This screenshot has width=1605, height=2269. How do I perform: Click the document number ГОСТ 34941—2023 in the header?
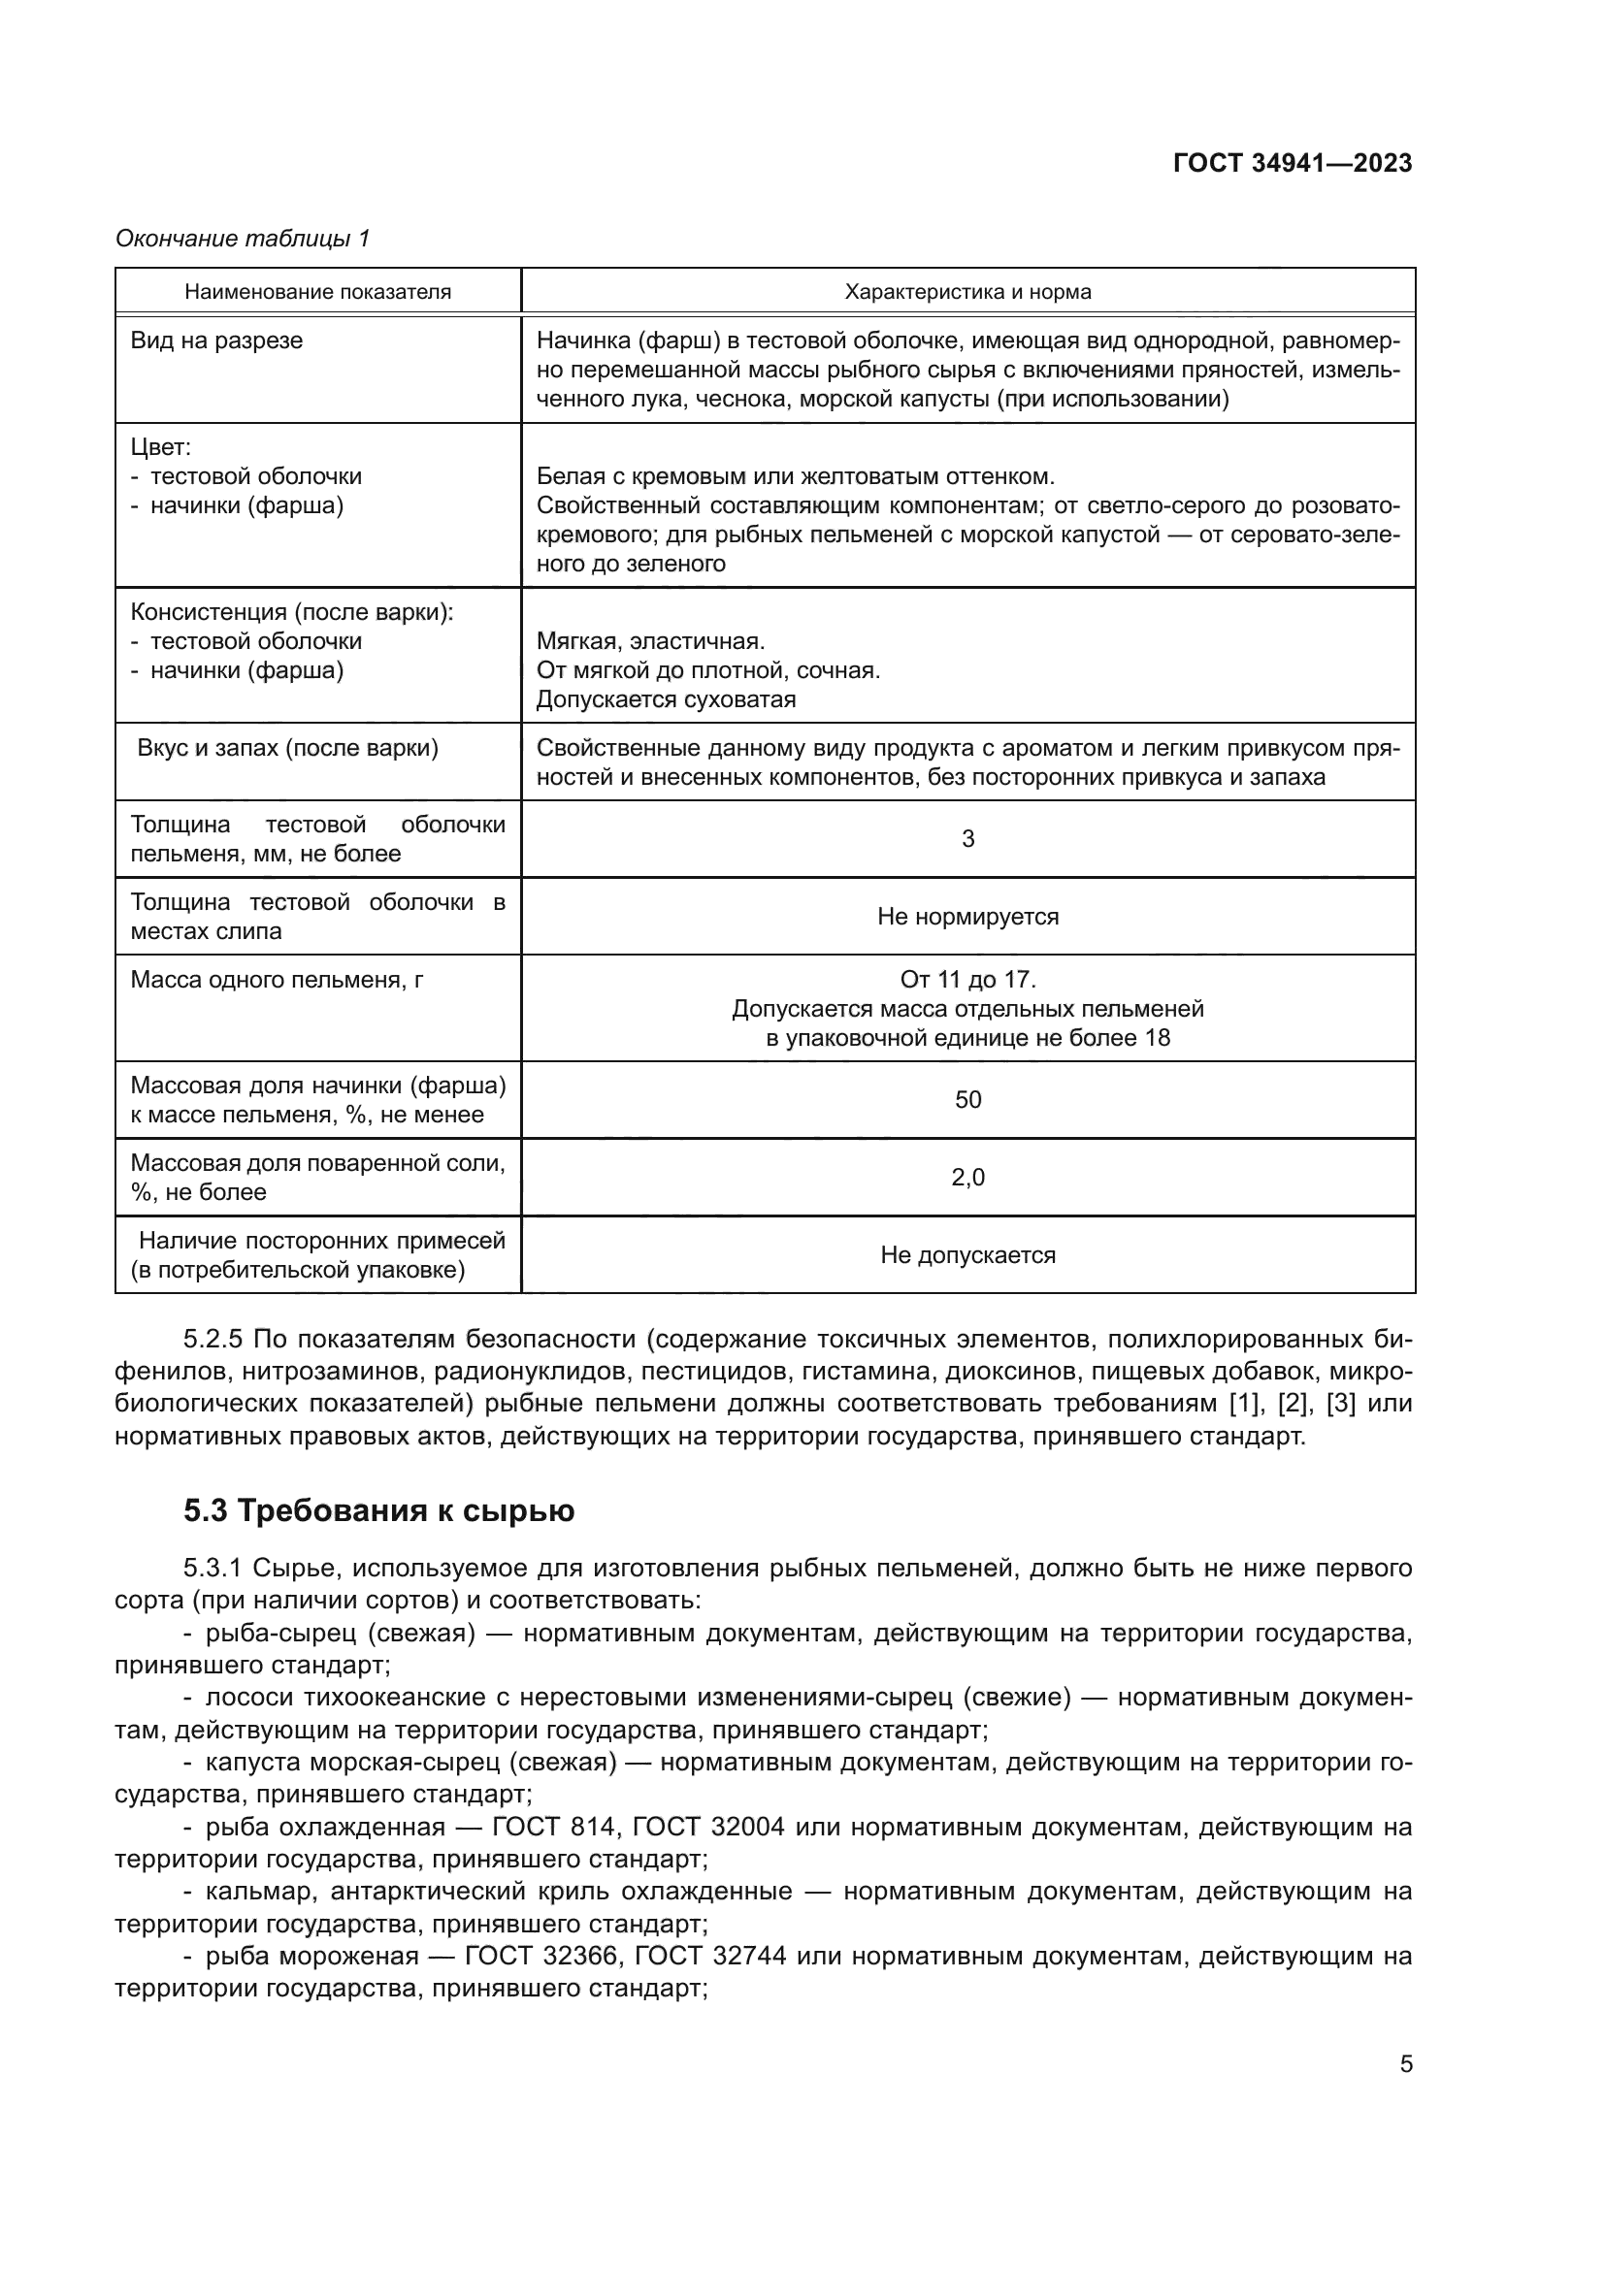coord(1292,164)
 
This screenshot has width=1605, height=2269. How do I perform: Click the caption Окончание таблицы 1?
coord(243,239)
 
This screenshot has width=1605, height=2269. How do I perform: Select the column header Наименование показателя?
coord(317,292)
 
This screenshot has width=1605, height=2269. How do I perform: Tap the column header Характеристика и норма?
coord(967,292)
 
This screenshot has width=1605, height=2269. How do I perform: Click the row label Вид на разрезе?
coord(216,340)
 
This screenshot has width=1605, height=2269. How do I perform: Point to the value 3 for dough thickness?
coord(967,839)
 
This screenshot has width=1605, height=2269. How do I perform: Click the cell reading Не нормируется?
coord(967,916)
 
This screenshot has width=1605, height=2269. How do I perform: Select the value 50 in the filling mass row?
coord(967,1100)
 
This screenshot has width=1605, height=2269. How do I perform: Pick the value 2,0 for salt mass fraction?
coord(967,1177)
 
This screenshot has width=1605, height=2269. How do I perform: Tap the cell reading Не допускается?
coord(967,1255)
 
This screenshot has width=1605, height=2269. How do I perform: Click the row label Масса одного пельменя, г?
coord(277,980)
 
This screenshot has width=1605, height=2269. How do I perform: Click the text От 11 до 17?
coord(967,980)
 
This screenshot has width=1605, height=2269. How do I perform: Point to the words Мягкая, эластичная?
coord(650,641)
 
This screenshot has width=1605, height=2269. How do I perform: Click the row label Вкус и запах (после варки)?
coord(287,748)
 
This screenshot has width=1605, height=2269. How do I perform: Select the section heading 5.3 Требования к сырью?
coord(378,1511)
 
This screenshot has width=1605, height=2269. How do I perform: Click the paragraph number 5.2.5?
coord(212,1339)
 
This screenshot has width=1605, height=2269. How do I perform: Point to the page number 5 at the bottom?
coord(1405,2064)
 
